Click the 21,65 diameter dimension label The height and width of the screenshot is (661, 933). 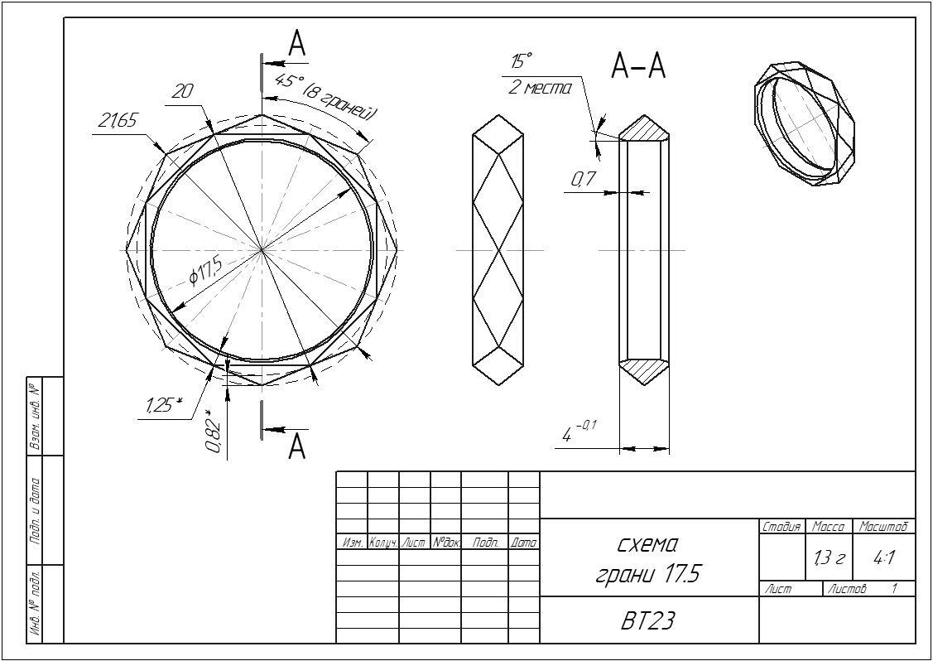point(118,121)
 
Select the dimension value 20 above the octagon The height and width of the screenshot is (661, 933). point(181,92)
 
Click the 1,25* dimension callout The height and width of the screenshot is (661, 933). point(163,406)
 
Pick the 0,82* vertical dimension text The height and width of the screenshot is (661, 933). point(214,432)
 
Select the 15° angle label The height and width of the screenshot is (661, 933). point(522,61)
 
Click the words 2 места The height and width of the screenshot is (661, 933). point(540,87)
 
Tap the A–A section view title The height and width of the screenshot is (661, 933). point(638,65)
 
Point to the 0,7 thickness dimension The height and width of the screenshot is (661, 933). point(584,179)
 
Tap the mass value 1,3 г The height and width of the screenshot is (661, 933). point(828,559)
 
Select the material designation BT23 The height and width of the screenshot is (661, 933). point(648,621)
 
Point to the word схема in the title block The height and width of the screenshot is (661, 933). point(648,544)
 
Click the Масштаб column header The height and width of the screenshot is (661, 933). point(884,527)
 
